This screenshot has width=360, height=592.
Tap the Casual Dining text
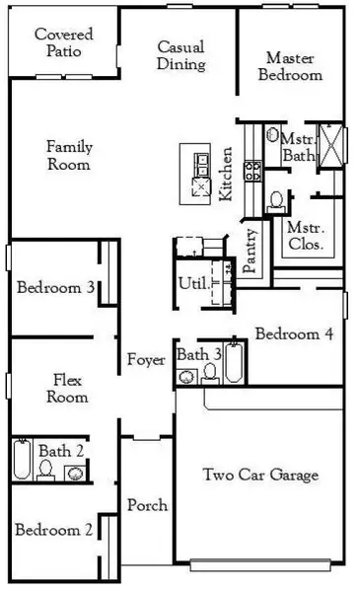click(x=181, y=56)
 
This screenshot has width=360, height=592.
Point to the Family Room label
click(x=69, y=156)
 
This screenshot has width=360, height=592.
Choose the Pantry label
click(x=252, y=251)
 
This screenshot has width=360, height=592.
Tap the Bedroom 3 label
click(x=56, y=288)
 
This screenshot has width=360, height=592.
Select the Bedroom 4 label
click(x=294, y=334)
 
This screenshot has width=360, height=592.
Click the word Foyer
click(x=146, y=360)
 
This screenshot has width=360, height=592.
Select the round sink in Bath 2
click(x=76, y=473)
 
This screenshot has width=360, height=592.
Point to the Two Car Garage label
click(x=260, y=476)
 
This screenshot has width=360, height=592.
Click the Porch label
click(x=147, y=506)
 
